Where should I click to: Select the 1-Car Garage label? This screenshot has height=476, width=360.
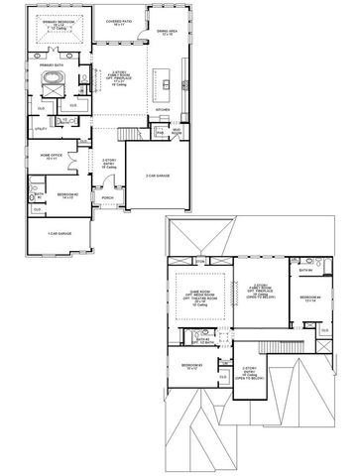[x=59, y=232]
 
